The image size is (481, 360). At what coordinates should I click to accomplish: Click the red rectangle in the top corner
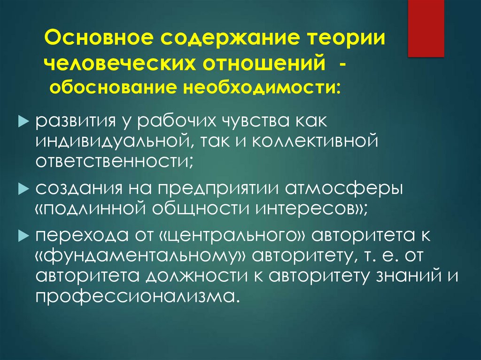click(426, 28)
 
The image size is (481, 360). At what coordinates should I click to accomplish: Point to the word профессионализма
click(134, 297)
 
